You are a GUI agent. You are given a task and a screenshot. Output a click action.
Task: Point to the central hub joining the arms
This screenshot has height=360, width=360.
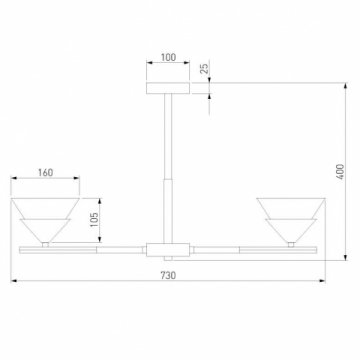[x=167, y=246]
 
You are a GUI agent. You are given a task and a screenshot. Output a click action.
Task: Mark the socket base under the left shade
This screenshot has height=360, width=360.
[x=47, y=240]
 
